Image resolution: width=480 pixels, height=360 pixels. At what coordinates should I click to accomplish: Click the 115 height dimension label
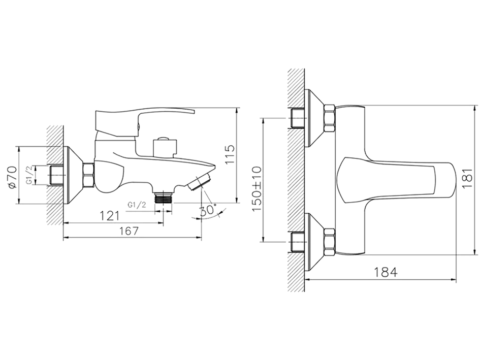point(231,154)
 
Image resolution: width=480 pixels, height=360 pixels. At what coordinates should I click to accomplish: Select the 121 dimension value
point(110,216)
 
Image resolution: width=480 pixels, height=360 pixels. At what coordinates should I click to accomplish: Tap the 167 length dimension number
point(129,231)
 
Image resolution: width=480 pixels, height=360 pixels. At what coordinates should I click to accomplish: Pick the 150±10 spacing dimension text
point(257,188)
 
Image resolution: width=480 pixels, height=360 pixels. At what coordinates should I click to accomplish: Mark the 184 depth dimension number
point(386,272)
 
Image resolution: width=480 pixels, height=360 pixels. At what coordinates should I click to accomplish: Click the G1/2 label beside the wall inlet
point(29,175)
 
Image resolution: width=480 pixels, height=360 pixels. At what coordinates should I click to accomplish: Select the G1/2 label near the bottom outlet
point(137,205)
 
